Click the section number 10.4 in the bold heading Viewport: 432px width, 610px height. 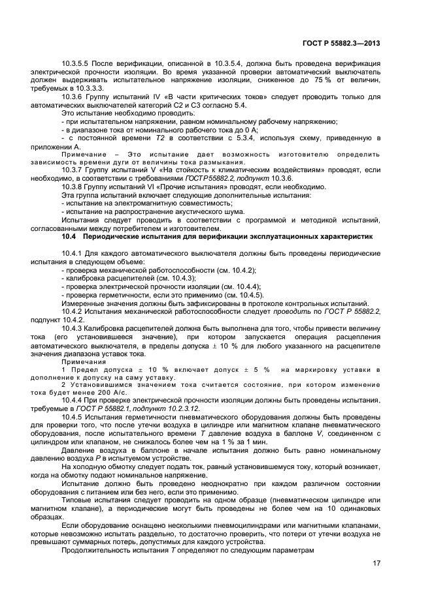(x=70, y=236)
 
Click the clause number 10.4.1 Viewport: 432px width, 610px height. (x=71, y=252)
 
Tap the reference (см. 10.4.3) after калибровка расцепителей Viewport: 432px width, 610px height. (x=169, y=278)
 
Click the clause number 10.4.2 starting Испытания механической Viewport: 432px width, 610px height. (x=71, y=312)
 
